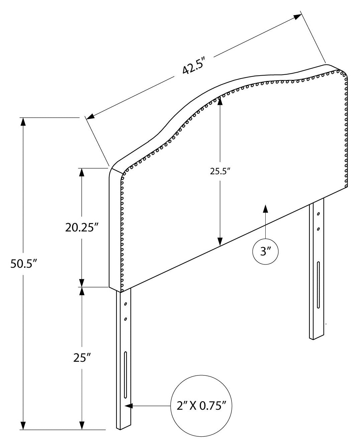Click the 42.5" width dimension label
point(194,66)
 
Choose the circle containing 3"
point(265,251)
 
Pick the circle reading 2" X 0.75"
point(201,406)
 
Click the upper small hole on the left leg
point(126,304)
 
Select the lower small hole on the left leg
point(125,319)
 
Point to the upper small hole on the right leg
point(318,214)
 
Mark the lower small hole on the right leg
point(318,229)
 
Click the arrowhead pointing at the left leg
point(129,406)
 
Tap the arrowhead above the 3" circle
point(265,208)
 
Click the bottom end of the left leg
point(124,427)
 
